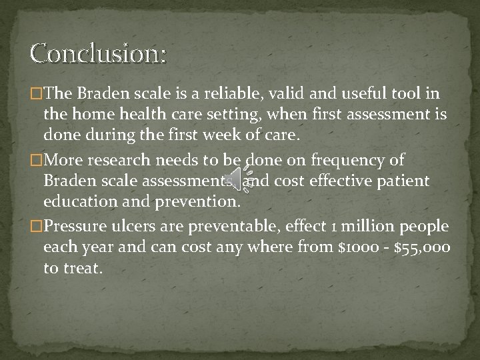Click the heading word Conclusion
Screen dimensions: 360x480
tap(98, 53)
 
